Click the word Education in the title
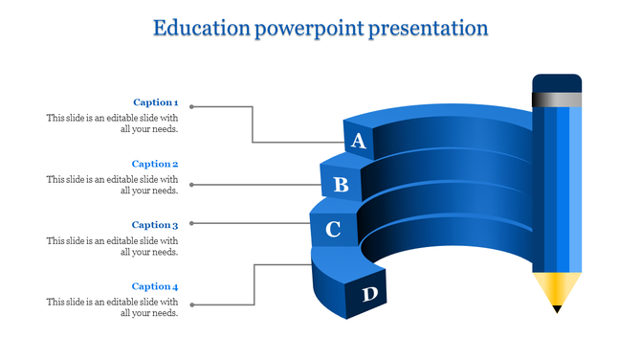point(200,28)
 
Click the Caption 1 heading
point(155,102)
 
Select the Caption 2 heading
point(155,164)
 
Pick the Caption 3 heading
point(155,225)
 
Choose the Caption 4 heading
point(155,286)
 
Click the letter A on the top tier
point(359,142)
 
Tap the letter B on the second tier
point(341,185)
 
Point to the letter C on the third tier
point(333,230)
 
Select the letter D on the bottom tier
point(369,295)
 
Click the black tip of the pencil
point(557,308)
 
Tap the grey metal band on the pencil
point(557,98)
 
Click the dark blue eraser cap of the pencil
point(557,82)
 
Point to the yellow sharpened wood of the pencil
point(557,286)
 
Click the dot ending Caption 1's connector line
point(191,104)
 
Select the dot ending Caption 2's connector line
point(191,184)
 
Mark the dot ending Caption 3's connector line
point(191,223)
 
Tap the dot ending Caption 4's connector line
point(191,305)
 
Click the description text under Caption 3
point(112,246)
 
